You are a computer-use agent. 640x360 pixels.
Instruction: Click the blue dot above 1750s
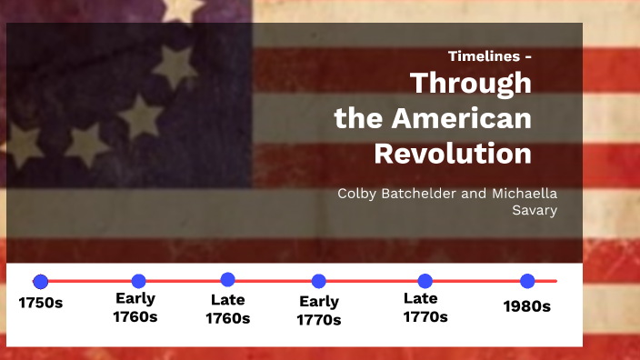tap(40, 282)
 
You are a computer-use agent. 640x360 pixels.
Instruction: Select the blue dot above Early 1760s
tap(138, 281)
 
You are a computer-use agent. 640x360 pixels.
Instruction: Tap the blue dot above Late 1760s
tap(227, 280)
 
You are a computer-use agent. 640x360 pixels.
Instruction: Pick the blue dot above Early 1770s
tap(318, 282)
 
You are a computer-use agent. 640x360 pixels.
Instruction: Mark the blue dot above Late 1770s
tap(425, 281)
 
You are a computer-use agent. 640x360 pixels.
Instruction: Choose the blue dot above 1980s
tap(527, 281)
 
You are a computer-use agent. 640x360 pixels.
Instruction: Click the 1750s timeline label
tap(40, 303)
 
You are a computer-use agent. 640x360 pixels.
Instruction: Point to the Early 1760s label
tap(135, 307)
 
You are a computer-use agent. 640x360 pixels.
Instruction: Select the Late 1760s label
tap(227, 308)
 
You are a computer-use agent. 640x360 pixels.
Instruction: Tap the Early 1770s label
tap(318, 310)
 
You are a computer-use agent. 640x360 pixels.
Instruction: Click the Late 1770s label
tap(425, 306)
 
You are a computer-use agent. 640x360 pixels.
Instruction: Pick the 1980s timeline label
tap(527, 306)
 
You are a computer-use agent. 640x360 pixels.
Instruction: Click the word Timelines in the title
tap(483, 56)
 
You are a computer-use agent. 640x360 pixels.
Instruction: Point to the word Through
tap(470, 83)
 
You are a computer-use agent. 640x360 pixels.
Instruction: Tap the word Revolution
tap(453, 154)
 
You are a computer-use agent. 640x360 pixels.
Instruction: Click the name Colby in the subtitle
tap(356, 194)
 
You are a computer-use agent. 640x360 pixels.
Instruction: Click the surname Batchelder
tap(425, 194)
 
